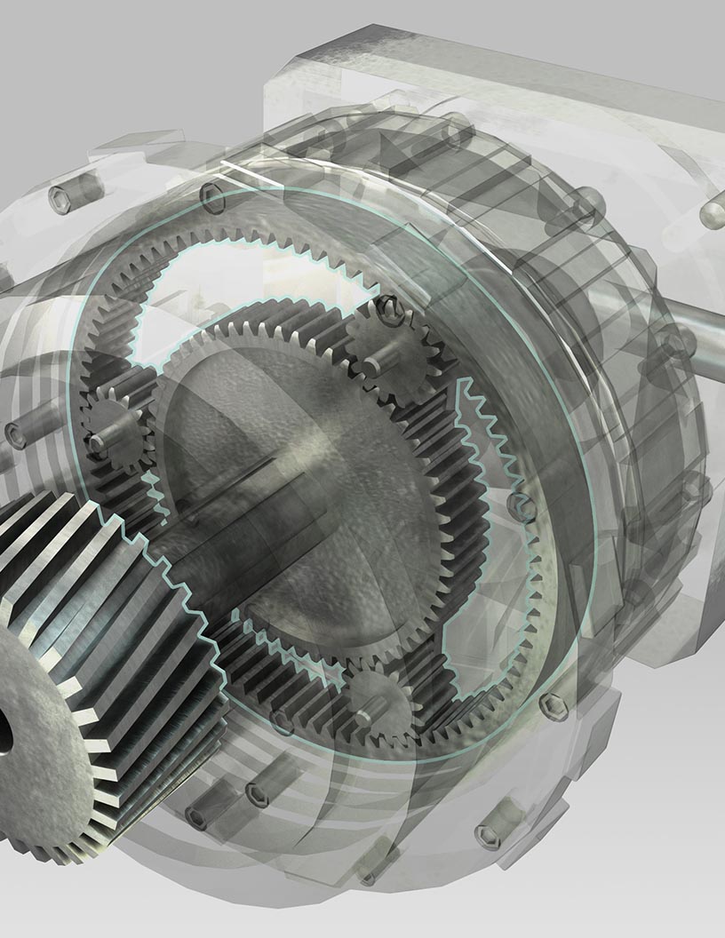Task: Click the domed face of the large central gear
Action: (293, 497)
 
